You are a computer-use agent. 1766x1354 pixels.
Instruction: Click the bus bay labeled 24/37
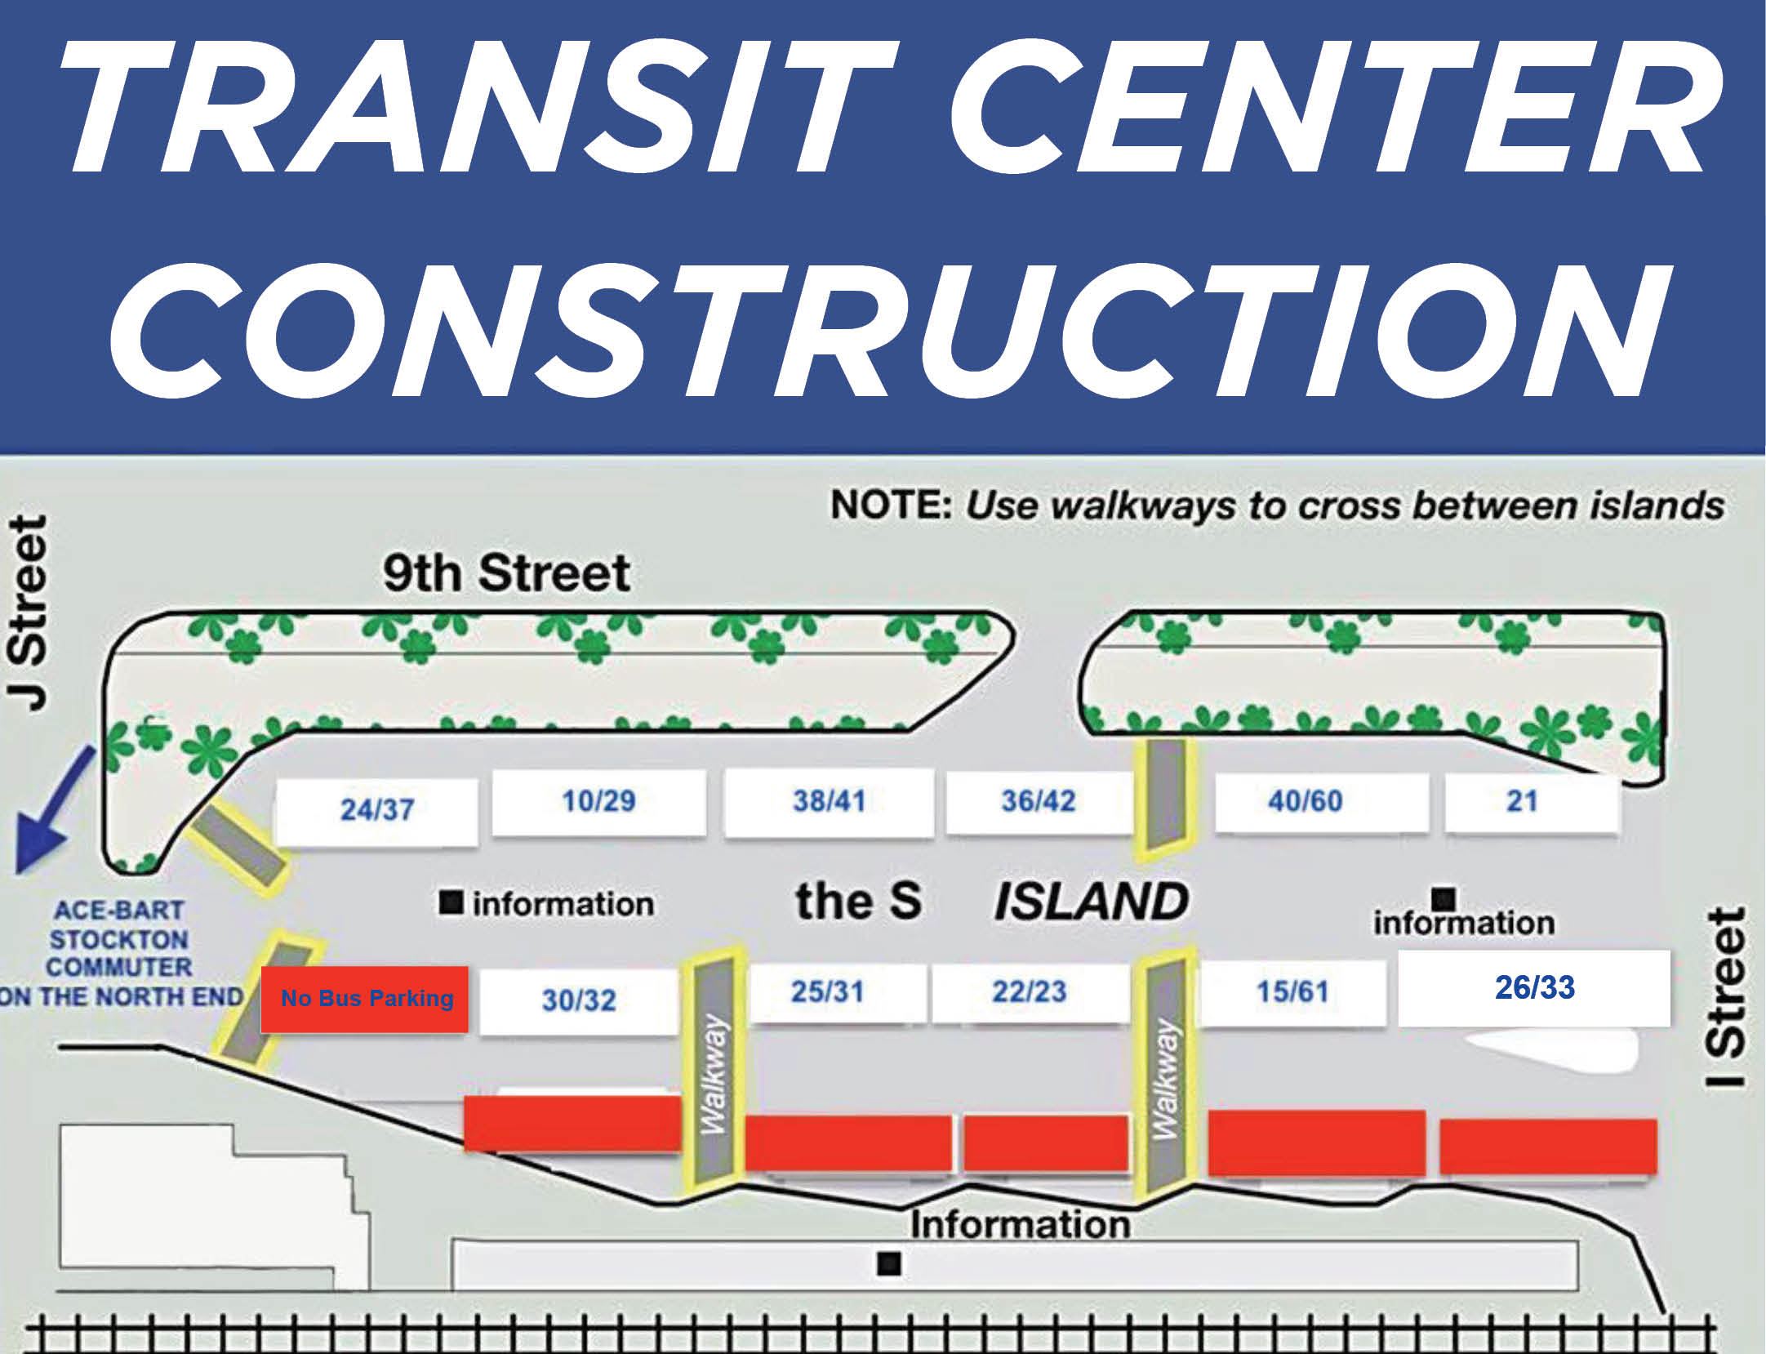coord(376,811)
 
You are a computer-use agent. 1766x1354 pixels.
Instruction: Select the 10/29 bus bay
coord(598,802)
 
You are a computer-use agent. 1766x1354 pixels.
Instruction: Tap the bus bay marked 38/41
coord(829,802)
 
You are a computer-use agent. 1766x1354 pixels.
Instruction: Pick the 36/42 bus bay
coord(1039,802)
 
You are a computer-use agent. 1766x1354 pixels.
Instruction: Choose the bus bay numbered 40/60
coord(1305,802)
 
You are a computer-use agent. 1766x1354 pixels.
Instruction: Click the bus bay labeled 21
coord(1522,802)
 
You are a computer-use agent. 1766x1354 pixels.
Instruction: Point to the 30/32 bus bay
coord(579,1000)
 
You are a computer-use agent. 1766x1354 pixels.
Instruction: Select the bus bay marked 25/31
coord(827,992)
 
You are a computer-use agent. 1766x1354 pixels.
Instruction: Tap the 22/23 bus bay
coord(1030,992)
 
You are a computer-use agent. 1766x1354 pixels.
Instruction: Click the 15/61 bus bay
coord(1292,993)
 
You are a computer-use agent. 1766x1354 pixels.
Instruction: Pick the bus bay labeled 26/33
coord(1534,988)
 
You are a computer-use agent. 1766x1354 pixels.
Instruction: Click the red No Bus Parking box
coord(365,1000)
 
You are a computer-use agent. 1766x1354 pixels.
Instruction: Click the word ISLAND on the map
coord(1090,902)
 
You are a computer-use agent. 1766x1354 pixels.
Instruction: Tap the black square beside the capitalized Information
coord(888,1265)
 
